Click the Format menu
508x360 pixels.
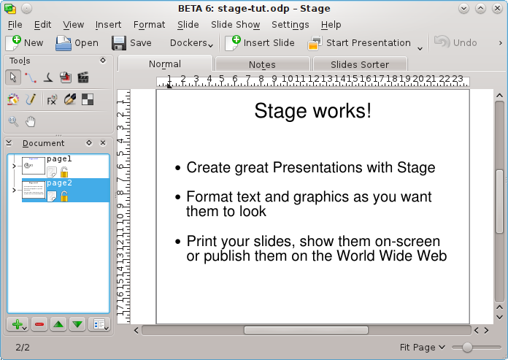tap(149, 25)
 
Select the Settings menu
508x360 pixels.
tap(290, 25)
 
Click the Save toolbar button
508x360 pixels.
tap(131, 43)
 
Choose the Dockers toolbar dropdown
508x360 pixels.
tap(193, 43)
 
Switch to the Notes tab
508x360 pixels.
tap(262, 64)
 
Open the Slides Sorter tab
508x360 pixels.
tap(360, 64)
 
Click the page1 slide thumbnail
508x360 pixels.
tap(33, 166)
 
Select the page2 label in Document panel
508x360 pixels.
tap(59, 183)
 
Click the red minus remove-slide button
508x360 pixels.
tap(39, 324)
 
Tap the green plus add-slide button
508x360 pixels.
tap(18, 324)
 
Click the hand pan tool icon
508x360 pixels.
tap(31, 121)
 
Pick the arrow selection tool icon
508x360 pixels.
tap(13, 77)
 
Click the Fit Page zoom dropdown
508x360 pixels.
tap(422, 348)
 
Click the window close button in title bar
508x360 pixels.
tap(497, 8)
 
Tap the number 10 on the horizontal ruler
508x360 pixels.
tap(288, 79)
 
